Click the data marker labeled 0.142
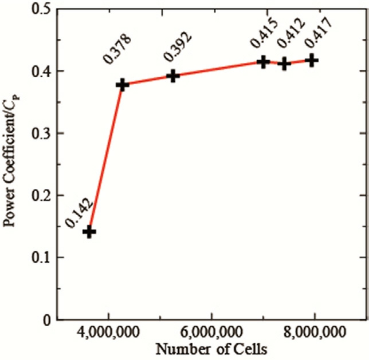click(x=89, y=232)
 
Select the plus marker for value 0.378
click(x=122, y=85)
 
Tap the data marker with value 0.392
click(x=173, y=76)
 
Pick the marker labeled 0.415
click(x=263, y=61)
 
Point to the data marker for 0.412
click(x=284, y=64)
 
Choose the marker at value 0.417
click(x=312, y=60)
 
